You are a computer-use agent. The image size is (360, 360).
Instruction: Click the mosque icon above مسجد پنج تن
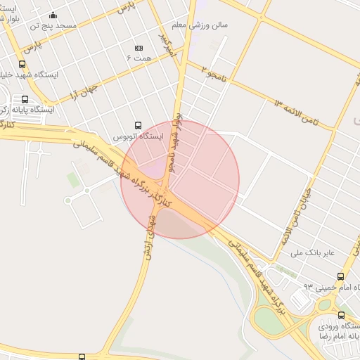[53, 15]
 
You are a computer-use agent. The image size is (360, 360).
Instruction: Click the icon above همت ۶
[138, 48]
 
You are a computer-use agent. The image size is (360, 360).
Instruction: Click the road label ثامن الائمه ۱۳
[296, 112]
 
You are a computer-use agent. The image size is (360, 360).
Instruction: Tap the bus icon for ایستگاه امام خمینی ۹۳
[341, 277]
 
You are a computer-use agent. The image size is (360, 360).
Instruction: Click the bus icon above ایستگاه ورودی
[341, 315]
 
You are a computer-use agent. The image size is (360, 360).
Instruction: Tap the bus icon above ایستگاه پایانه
[25, 99]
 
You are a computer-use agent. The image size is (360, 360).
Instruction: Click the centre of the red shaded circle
[180, 179]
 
